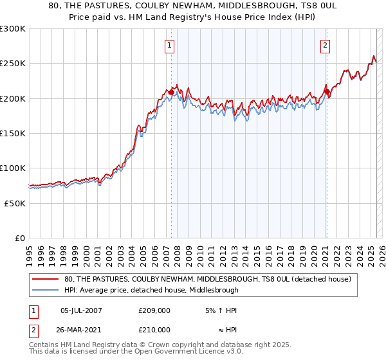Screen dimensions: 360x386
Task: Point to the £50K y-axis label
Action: [14, 203]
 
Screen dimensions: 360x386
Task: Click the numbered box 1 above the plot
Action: [169, 45]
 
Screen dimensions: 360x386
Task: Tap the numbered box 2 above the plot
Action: [325, 45]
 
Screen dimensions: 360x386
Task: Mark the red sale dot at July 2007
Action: [171, 93]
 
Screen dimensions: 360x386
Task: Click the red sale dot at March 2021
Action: [327, 92]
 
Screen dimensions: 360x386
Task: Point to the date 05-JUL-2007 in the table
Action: [81, 310]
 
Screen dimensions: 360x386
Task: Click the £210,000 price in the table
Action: [154, 329]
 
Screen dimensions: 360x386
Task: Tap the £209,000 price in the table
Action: [154, 310]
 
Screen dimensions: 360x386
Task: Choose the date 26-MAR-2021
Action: [81, 329]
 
